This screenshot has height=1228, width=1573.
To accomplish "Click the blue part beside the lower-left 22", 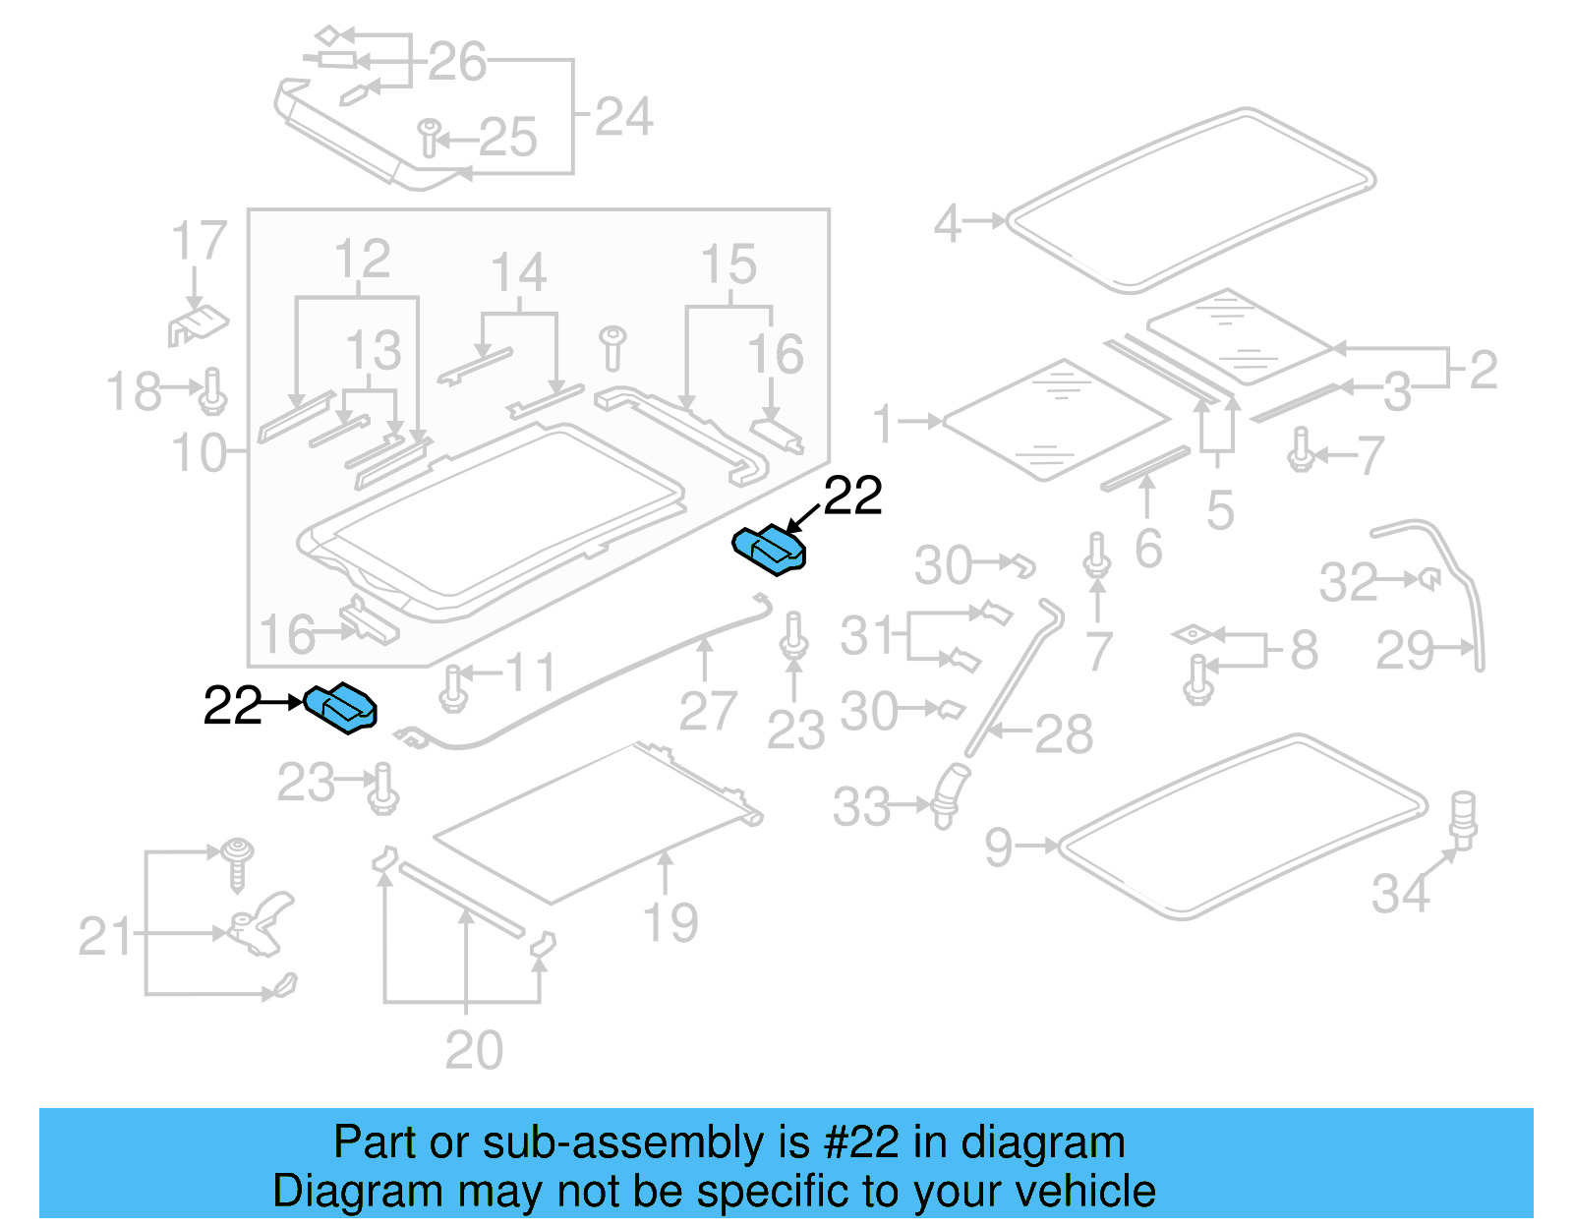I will click(340, 708).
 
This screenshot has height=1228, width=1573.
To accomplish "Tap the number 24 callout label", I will click(623, 118).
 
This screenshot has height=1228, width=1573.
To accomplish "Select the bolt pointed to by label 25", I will click(429, 138).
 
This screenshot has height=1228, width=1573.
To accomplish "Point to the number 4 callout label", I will click(946, 223).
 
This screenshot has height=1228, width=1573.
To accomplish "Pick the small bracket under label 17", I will click(198, 324).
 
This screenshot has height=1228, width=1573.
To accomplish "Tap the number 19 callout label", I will click(670, 922).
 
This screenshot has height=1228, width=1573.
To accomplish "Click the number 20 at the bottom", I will click(474, 1050).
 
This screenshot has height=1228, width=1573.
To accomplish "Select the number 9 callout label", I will click(998, 847).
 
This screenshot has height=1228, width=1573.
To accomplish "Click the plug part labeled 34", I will click(1464, 819).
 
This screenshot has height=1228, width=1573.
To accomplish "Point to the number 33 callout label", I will click(861, 807).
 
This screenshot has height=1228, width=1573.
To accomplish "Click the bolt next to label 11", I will click(452, 687).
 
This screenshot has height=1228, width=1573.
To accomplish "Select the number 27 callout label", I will click(707, 711).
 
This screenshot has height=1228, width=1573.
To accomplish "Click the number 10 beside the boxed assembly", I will click(199, 453).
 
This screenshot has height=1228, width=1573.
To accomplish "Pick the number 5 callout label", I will click(1219, 510).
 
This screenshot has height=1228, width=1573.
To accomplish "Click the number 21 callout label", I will click(104, 936).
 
